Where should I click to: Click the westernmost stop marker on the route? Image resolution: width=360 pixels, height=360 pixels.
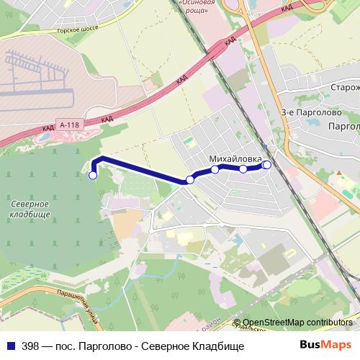pos(93,175)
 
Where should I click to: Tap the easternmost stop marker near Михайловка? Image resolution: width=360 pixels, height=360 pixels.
pos(267,165)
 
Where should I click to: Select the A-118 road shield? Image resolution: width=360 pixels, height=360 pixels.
pos(69,125)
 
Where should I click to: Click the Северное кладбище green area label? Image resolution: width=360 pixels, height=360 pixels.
pos(30,210)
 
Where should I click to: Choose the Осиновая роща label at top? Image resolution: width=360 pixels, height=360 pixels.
pos(197,5)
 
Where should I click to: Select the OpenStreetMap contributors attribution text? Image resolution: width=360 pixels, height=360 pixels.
pos(297,323)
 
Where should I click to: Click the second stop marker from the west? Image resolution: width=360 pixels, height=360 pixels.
pos(190,179)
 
